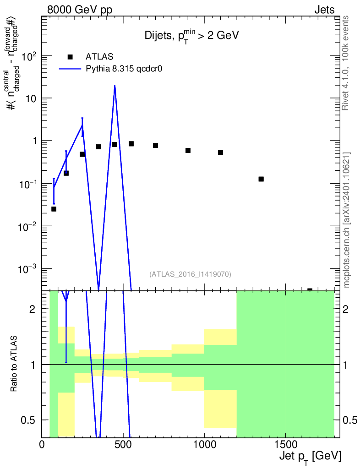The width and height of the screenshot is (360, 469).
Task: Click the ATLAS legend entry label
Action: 99,56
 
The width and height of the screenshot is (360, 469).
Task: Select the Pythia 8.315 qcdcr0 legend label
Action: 124,69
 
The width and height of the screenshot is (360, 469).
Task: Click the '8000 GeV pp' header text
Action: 80,10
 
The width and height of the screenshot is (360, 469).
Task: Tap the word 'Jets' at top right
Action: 324,10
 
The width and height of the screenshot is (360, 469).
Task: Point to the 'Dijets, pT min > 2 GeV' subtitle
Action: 191,36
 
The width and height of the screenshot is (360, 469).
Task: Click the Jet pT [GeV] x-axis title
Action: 310,457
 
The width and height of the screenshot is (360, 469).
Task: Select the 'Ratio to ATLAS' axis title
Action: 14,363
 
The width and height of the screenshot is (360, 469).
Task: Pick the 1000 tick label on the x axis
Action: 204,444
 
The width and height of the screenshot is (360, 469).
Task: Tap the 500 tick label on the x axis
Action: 123,444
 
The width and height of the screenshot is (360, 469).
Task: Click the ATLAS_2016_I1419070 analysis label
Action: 190,274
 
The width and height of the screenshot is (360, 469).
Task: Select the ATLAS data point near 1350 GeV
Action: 261,179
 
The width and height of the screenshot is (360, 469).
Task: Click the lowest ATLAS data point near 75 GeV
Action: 54,209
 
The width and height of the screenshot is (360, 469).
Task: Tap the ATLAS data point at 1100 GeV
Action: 221,152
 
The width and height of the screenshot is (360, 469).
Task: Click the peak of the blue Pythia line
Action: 115,86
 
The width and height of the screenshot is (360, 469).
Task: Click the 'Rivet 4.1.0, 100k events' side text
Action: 345,63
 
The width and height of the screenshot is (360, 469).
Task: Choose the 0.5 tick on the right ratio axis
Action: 350,420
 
